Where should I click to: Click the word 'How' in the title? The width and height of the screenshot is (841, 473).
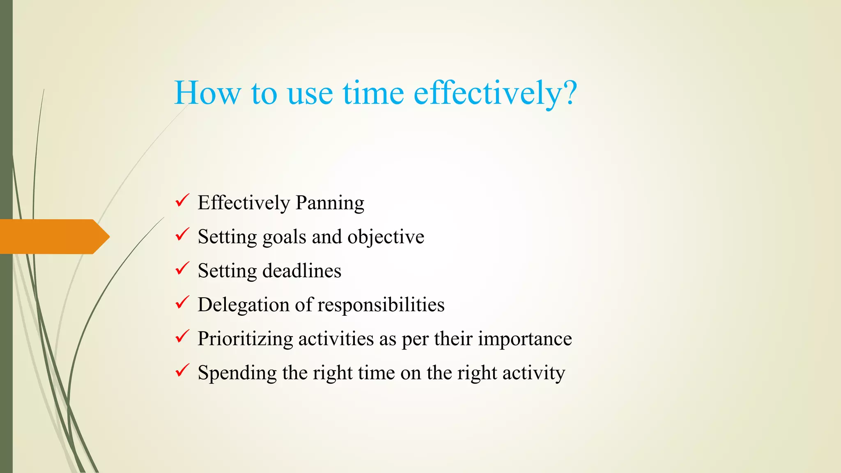(x=207, y=93)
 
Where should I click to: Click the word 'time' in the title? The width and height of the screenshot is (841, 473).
(x=373, y=93)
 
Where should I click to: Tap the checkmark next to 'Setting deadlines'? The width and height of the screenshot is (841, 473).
(x=182, y=269)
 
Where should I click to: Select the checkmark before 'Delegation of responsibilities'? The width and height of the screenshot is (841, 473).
(x=182, y=303)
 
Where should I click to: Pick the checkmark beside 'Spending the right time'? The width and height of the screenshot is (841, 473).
(x=182, y=371)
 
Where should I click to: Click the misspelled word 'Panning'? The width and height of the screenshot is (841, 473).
(x=330, y=203)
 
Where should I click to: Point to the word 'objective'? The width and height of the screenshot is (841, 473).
(x=386, y=237)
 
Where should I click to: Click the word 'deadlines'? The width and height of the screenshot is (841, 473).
(x=302, y=271)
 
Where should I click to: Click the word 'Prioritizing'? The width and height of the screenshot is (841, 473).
(x=245, y=339)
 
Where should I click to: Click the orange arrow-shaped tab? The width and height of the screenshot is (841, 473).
(x=53, y=236)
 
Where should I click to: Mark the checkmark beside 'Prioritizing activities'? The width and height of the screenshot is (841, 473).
(x=182, y=337)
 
